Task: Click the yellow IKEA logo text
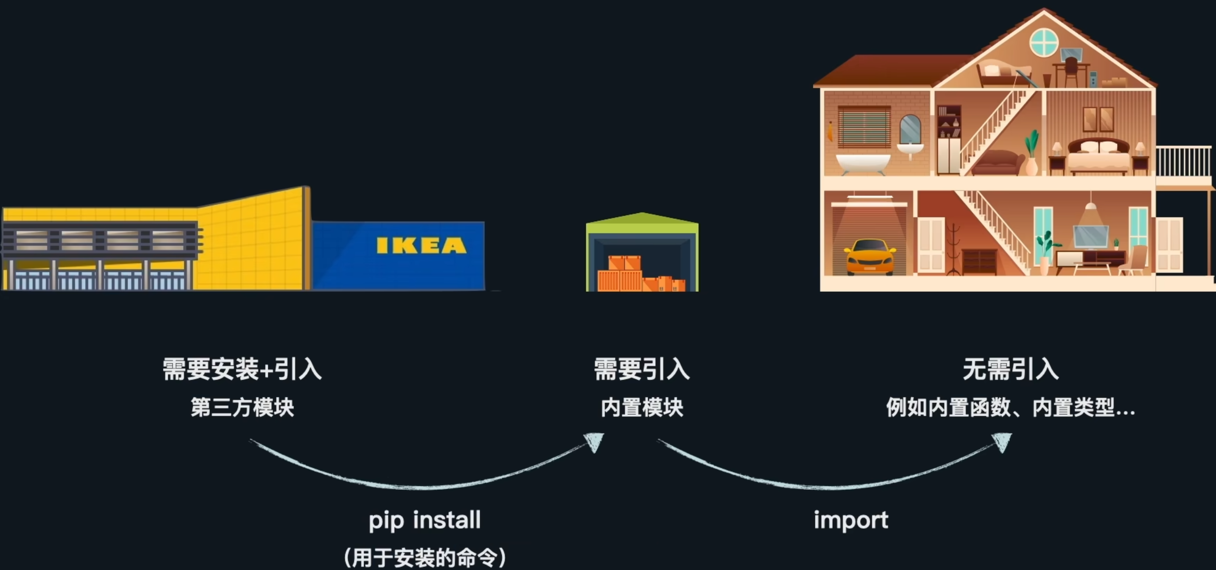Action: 421,245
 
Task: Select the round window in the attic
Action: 1044,42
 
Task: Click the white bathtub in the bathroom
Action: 863,163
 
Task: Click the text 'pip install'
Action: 424,521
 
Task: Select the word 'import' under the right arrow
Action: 851,521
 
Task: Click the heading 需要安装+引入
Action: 242,369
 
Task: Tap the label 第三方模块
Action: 242,407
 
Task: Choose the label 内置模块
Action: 642,407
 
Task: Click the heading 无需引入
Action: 1010,369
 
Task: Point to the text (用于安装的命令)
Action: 424,557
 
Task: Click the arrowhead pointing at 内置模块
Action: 595,442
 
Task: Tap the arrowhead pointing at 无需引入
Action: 1002,442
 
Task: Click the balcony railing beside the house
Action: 1183,161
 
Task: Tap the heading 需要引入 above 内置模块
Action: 642,369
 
